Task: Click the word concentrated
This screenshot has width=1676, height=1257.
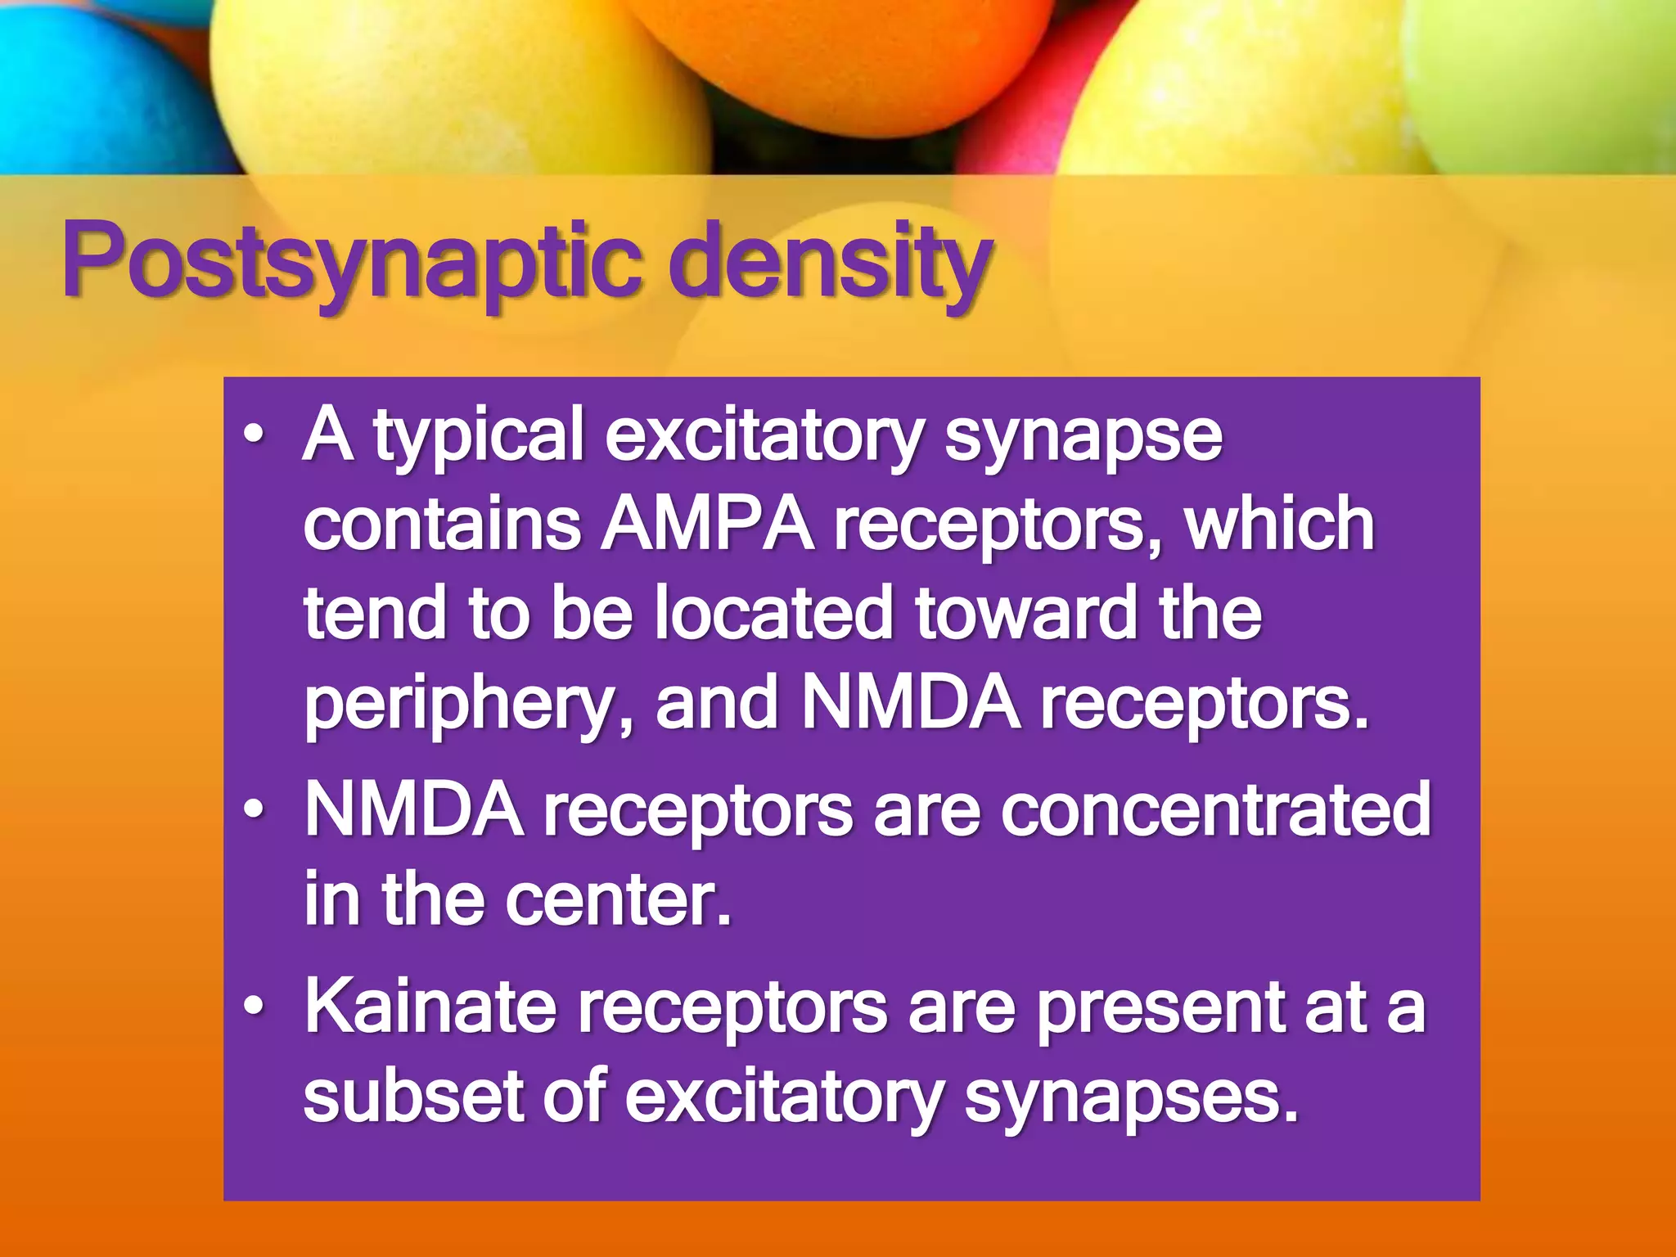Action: tap(1215, 810)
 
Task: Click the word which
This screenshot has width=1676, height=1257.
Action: tap(1280, 525)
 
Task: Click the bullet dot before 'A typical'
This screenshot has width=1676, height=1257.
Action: tap(255, 435)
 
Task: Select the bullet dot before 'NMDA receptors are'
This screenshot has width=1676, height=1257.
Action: tap(255, 809)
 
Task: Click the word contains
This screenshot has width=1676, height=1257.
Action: tap(442, 525)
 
